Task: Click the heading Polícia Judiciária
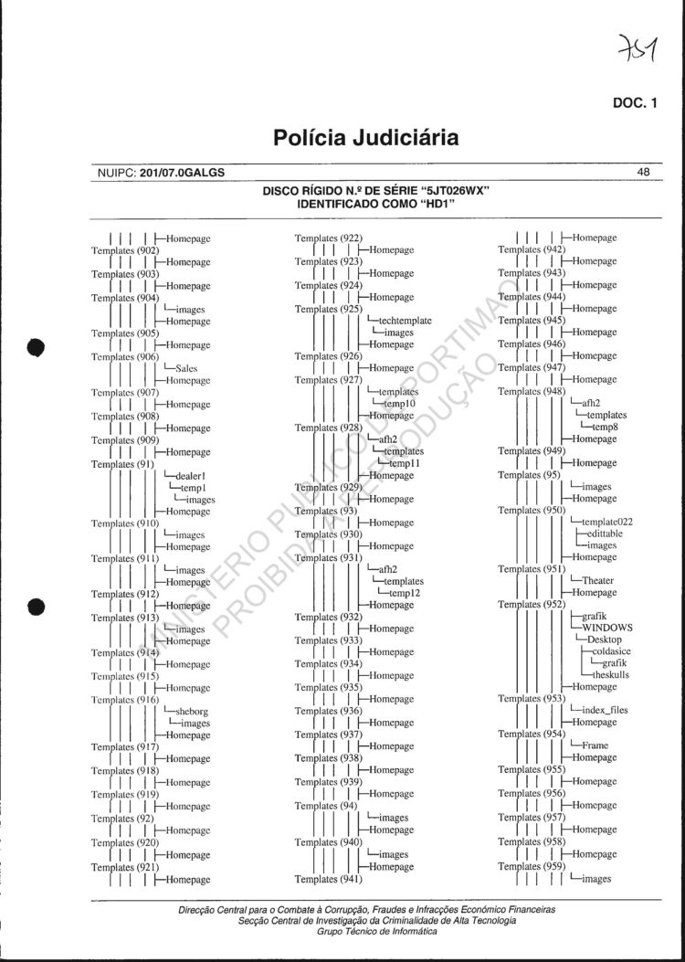coord(365,139)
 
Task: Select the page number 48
coord(643,171)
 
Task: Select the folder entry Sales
coord(187,369)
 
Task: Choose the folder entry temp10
coord(399,404)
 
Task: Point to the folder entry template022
coord(606,522)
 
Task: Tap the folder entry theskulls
coord(611,675)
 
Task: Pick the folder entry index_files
coord(605,710)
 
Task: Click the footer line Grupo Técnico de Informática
coord(365,931)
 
